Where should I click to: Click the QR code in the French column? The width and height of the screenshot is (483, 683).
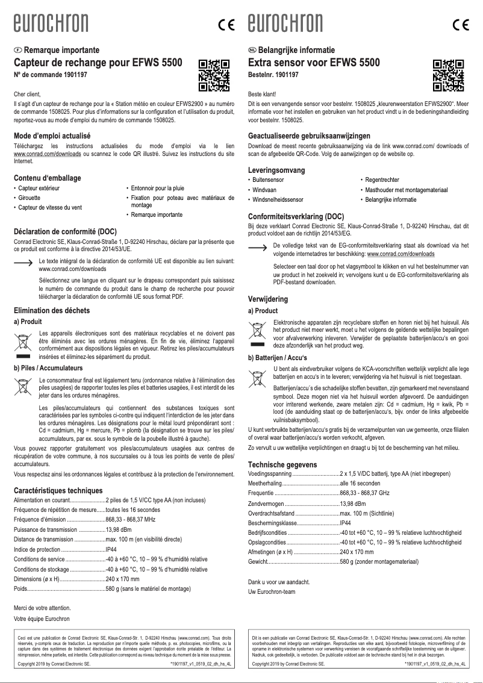pos(214,74)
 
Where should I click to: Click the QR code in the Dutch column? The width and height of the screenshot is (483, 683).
pos(448,74)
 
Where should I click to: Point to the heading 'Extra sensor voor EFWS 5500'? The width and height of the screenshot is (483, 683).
pos(314,63)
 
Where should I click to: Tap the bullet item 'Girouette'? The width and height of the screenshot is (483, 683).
pos(31,198)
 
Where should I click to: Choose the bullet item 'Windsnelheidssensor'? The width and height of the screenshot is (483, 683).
pos(278,199)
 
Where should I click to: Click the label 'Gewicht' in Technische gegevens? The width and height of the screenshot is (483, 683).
pos(258,561)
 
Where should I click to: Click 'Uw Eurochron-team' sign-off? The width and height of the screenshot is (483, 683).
pos(272,591)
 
